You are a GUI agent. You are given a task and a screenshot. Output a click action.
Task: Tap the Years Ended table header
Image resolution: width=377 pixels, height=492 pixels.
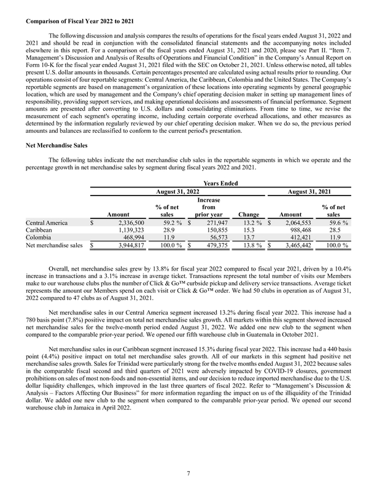[x=220, y=183]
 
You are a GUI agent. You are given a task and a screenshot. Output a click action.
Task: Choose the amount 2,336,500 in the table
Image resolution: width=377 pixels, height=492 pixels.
[x=126, y=223]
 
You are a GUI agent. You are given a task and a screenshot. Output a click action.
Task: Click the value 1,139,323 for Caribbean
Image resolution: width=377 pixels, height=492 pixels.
[x=126, y=231]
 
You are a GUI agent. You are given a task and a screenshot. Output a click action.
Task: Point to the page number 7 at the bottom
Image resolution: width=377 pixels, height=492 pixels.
[x=189, y=472]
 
